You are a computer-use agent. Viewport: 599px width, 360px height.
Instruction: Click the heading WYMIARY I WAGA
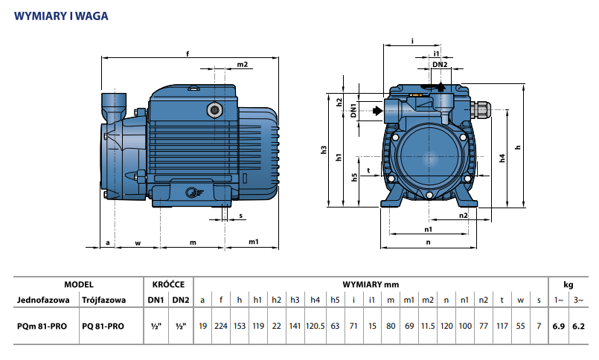61,16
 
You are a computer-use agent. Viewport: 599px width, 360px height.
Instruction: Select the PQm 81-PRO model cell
42,327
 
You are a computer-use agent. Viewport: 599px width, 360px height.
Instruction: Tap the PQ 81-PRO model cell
103,327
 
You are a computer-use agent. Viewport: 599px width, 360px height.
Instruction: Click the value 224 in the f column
221,326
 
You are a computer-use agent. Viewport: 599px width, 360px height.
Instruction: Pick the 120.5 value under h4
315,326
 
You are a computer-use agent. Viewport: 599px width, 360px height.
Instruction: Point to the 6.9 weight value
559,326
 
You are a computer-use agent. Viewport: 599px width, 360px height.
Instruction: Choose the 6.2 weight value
578,326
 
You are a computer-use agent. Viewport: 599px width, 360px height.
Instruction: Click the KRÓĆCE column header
168,284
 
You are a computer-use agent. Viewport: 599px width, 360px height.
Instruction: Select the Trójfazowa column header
103,300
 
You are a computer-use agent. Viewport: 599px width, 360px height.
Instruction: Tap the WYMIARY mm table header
371,284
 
